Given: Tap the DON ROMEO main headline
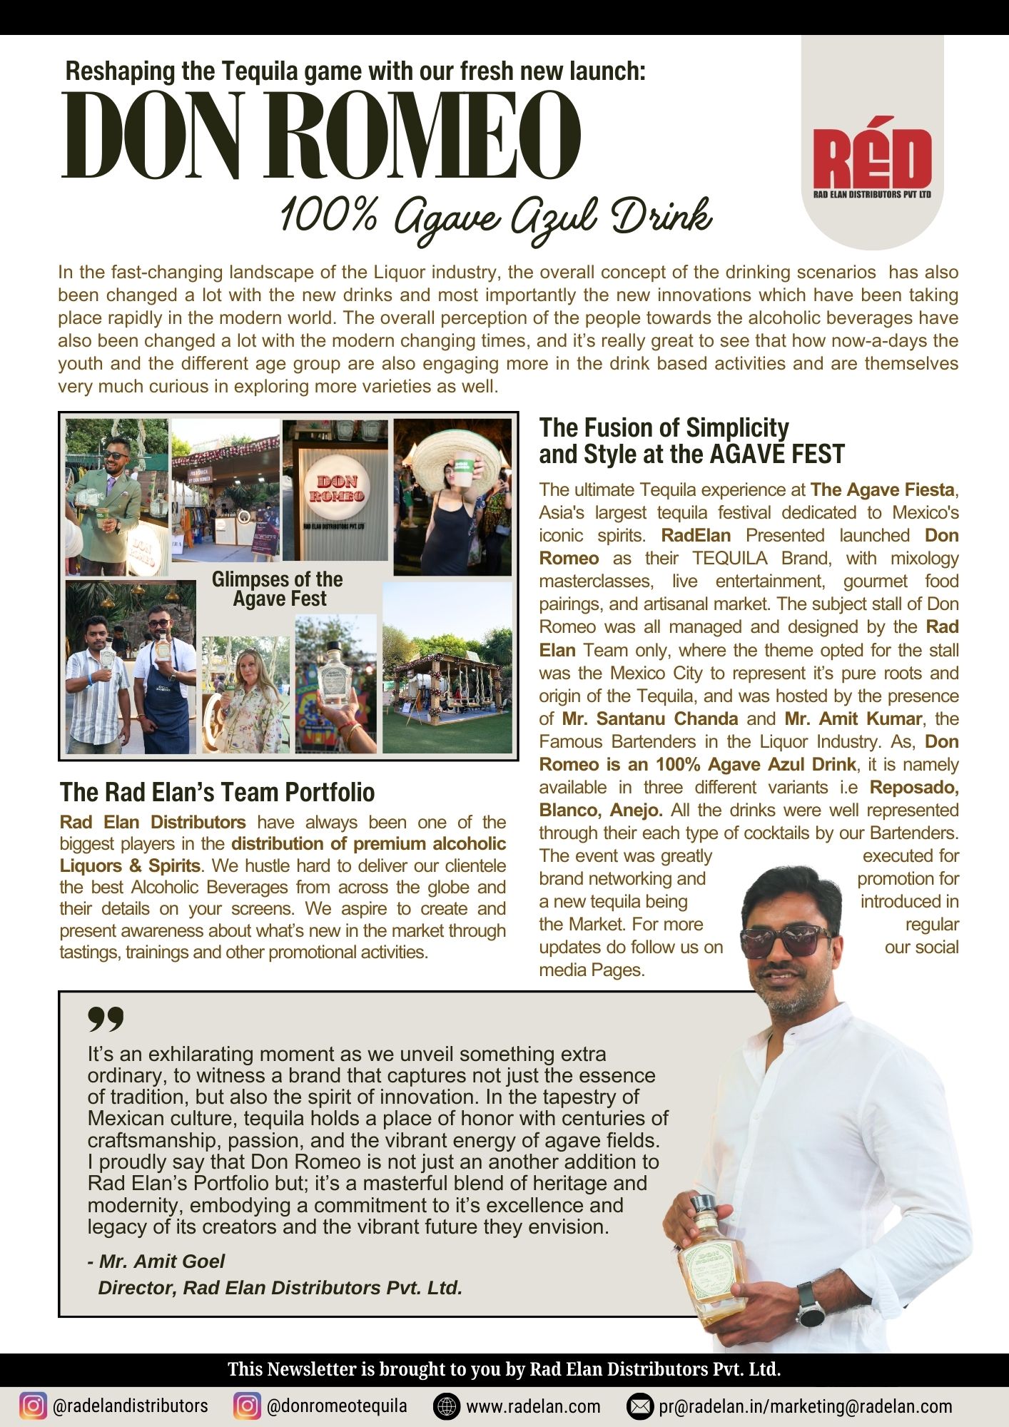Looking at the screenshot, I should (x=321, y=136).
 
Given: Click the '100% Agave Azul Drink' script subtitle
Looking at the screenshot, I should (x=495, y=216).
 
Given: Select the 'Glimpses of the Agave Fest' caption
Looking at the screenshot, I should (x=278, y=589).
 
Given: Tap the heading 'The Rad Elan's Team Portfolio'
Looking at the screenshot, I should (x=217, y=792).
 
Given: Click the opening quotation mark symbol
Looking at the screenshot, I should (x=106, y=1019).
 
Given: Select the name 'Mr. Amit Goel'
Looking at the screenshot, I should (x=162, y=1261).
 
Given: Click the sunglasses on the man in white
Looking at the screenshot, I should (x=787, y=942).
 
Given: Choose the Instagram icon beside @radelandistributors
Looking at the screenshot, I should (x=32, y=1406).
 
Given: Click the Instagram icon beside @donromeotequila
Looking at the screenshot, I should (x=247, y=1406).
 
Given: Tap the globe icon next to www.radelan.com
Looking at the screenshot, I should (x=447, y=1406).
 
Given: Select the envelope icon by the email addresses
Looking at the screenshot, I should (x=640, y=1406).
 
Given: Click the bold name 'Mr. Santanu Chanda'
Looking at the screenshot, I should (x=649, y=718).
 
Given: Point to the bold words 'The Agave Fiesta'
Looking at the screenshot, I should (x=882, y=489).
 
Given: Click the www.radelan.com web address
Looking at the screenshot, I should (x=533, y=1406).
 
